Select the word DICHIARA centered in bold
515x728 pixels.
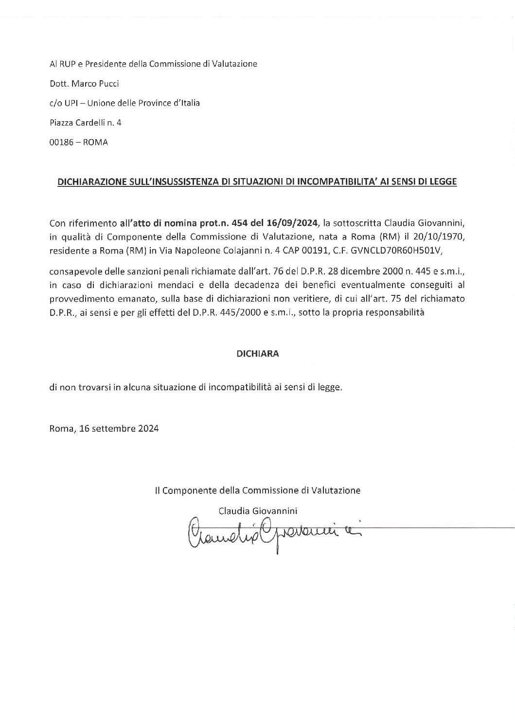[x=257, y=354]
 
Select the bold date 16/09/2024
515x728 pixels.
[x=292, y=223]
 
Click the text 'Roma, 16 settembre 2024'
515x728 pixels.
[x=104, y=429]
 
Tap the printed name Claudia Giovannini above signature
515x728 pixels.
[x=258, y=511]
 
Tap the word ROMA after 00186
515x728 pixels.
[x=96, y=143]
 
